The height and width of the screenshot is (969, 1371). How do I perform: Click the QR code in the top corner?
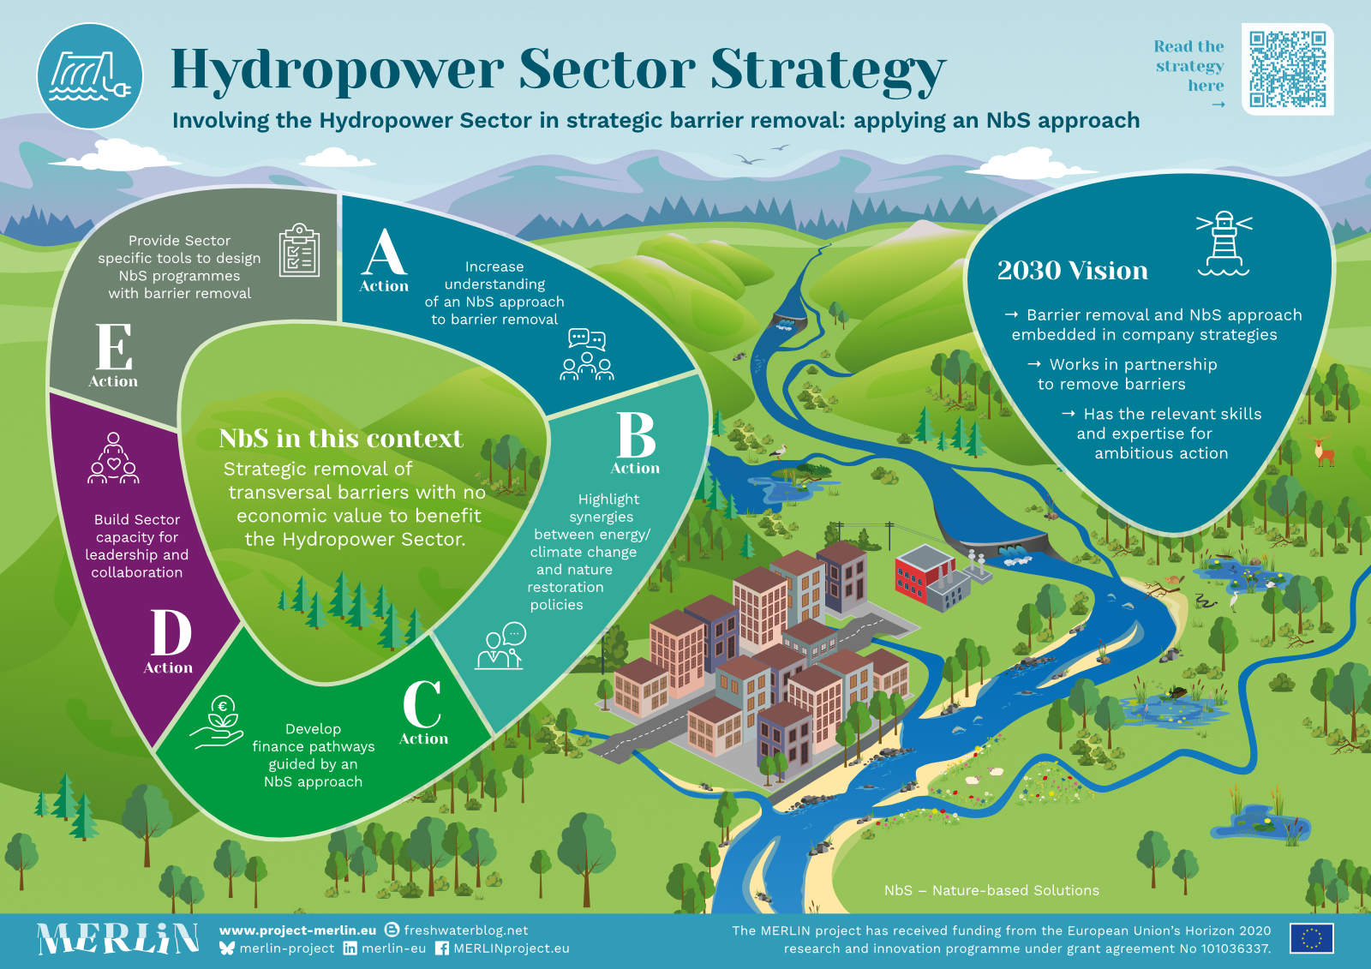click(1287, 69)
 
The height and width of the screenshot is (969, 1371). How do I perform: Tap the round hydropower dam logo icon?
click(90, 76)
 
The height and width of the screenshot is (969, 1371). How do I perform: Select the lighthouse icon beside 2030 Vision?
click(1224, 243)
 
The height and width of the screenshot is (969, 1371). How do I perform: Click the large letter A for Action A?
click(384, 252)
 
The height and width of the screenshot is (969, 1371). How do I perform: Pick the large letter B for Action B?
click(636, 434)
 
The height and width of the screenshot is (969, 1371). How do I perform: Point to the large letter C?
click(422, 704)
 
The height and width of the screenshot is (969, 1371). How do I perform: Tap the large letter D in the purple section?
click(171, 632)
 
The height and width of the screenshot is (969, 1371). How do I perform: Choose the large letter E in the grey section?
click(115, 346)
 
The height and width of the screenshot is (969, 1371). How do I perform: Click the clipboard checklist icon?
click(299, 250)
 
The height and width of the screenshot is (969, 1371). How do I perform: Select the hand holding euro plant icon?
click(218, 721)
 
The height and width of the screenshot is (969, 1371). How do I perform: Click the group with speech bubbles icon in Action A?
click(587, 355)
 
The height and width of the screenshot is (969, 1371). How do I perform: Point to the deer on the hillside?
click(1323, 450)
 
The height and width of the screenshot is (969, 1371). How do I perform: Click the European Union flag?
click(1312, 938)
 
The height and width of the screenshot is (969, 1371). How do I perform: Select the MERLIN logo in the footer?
click(117, 938)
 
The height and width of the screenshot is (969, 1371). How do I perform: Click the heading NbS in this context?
click(341, 439)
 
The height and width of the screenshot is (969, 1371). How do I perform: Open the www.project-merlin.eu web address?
click(297, 930)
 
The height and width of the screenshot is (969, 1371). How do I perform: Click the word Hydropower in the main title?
click(338, 69)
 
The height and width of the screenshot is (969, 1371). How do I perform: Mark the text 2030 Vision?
click(1072, 270)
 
